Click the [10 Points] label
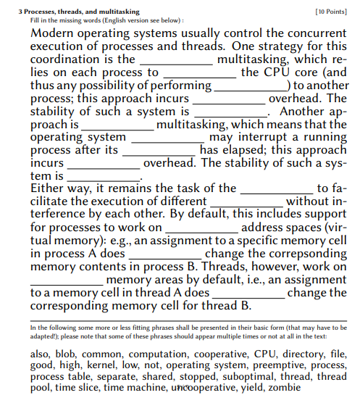[x=331, y=12]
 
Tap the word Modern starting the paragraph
[x=55, y=33]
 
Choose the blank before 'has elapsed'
[x=159, y=150]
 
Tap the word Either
[x=48, y=188]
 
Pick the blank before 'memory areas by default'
[x=67, y=280]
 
